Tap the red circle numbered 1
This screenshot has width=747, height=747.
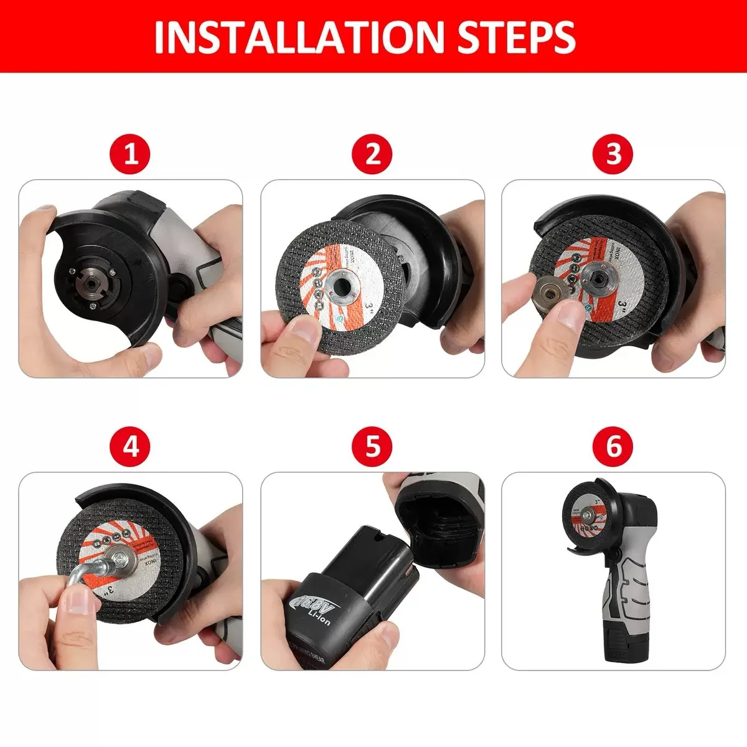131,154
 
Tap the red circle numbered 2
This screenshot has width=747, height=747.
372,154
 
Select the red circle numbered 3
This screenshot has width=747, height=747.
614,154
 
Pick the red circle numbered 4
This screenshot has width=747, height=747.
131,446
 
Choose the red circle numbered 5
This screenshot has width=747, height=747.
372,446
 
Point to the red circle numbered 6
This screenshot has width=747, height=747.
614,446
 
